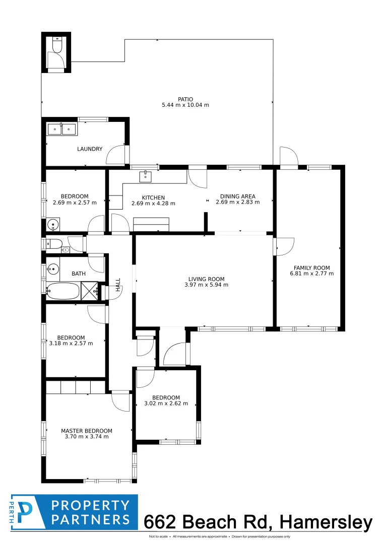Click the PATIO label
tap(185, 99)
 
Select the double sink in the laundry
tap(62, 129)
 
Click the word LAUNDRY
tap(90, 149)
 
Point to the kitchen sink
tap(146, 176)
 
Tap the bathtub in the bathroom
tap(63, 291)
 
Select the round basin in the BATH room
tap(52, 269)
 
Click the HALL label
tap(118, 285)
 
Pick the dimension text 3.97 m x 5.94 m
tap(206, 285)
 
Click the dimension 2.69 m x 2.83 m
tap(237, 202)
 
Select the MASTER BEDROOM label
tap(87, 431)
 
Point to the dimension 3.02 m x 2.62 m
tap(166, 403)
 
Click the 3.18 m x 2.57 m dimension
tap(71, 344)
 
